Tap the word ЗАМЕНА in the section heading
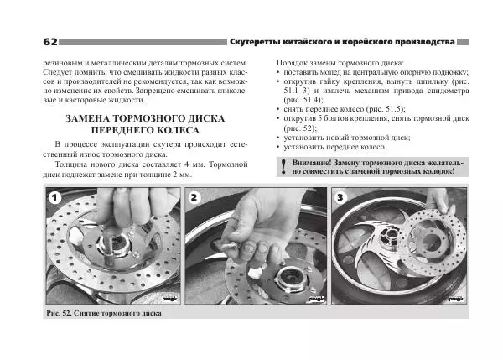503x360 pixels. [94, 119]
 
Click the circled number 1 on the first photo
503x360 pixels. [54, 198]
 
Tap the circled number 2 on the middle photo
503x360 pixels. [195, 198]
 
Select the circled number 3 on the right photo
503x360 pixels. [340, 198]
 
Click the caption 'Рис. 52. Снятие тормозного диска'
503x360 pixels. [104, 313]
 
